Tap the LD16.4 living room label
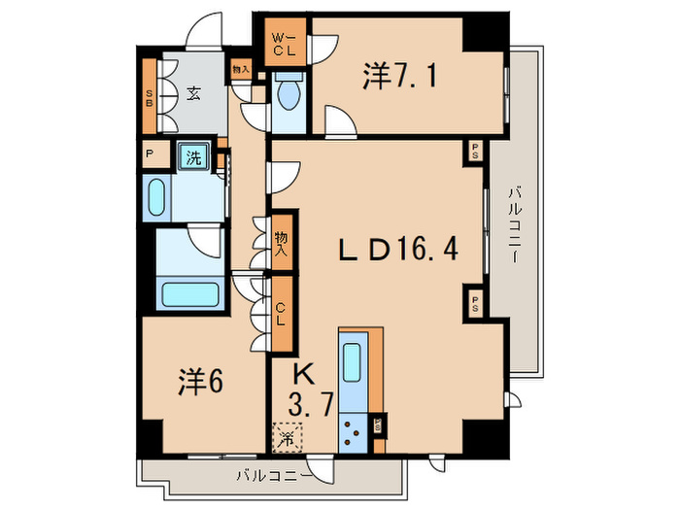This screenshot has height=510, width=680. (397, 252)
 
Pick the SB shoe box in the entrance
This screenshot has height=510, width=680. (150, 97)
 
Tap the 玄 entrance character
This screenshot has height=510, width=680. (193, 94)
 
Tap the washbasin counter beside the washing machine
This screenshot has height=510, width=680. (156, 198)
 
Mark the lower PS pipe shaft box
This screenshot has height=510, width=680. (476, 299)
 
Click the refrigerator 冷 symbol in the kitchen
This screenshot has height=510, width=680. (288, 438)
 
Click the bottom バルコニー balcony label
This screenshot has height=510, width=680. (274, 476)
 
